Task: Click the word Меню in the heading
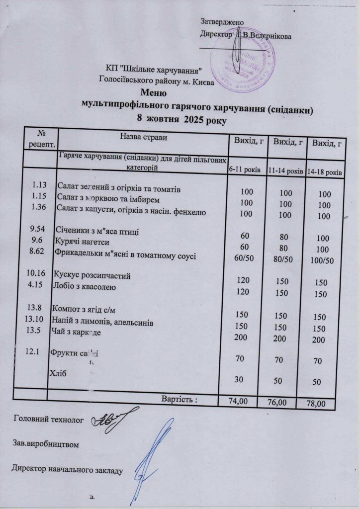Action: click(x=152, y=92)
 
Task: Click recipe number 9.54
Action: click(x=38, y=230)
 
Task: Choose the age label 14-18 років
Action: click(x=324, y=171)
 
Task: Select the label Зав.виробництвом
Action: click(x=46, y=442)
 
